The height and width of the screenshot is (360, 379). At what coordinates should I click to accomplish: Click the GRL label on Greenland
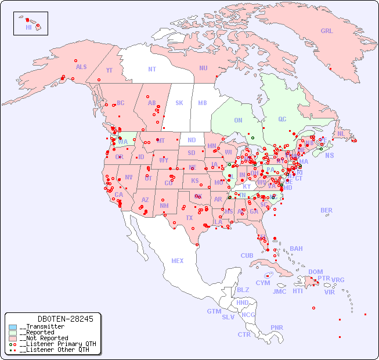click(327, 31)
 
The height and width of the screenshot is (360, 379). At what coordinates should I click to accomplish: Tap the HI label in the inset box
click(28, 27)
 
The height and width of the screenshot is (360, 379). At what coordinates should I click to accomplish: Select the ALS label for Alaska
click(81, 67)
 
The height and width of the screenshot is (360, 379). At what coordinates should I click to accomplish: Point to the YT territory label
click(109, 70)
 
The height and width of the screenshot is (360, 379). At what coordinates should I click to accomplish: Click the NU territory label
click(203, 68)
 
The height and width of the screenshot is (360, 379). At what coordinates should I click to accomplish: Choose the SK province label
click(179, 103)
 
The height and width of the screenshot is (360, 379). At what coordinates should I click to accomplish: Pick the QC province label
click(282, 119)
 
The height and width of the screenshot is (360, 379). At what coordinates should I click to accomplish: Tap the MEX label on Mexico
click(178, 261)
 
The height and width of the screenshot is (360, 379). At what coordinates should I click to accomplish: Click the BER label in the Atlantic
click(327, 210)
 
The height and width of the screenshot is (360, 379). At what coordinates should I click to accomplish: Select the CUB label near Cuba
click(247, 255)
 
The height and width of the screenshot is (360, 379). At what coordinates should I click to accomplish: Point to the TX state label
click(189, 218)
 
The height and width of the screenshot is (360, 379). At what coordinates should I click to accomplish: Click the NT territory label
click(151, 69)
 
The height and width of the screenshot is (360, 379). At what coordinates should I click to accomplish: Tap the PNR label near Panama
click(277, 327)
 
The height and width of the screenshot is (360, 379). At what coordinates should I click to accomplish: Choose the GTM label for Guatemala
click(214, 311)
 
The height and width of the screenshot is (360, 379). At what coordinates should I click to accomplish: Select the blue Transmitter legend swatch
click(13, 327)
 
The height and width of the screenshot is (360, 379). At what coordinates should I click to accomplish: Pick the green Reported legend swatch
click(13, 333)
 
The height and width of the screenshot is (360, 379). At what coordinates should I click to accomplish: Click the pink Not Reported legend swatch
click(13, 338)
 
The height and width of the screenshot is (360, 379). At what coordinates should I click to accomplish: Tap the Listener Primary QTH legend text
click(57, 344)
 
